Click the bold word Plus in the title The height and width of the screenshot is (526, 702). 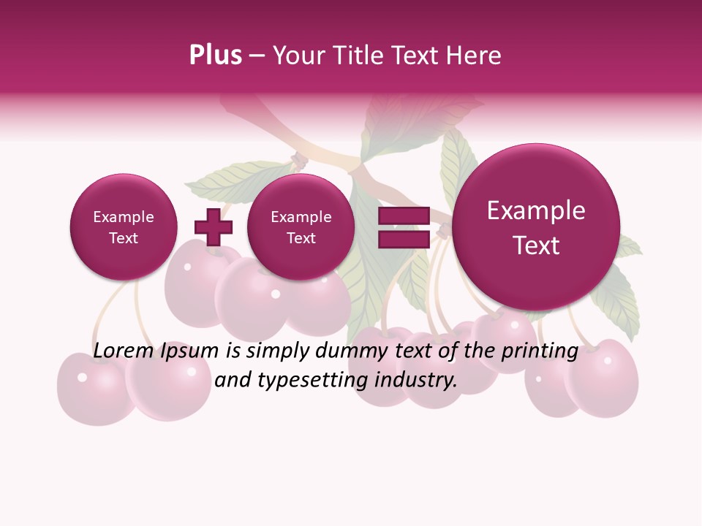pos(215,56)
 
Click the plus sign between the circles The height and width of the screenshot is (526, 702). pos(213,227)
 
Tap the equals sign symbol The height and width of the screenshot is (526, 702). pos(403,227)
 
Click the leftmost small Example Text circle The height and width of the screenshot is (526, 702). pos(124,227)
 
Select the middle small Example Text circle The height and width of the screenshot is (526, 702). pos(301,227)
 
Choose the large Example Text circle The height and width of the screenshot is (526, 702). pos(536,227)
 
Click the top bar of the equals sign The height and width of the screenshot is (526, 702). pos(403,216)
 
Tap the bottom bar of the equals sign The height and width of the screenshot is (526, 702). pos(403,239)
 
